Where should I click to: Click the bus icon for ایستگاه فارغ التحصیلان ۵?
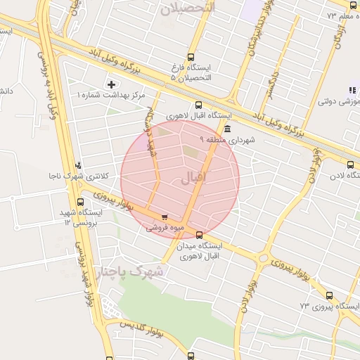pyautogui.click(x=191, y=58)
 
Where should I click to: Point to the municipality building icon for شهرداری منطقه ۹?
pyautogui.click(x=227, y=129)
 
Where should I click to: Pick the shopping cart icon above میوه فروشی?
pyautogui.click(x=165, y=217)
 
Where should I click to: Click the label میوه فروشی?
pyautogui.click(x=165, y=228)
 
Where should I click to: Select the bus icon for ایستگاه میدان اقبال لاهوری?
pyautogui.click(x=200, y=235)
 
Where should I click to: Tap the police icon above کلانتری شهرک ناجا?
pyautogui.click(x=77, y=165)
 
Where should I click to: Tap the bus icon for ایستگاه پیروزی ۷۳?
pyautogui.click(x=330, y=296)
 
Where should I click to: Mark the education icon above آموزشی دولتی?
pyautogui.click(x=352, y=89)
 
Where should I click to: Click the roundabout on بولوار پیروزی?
pyautogui.click(x=263, y=259)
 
